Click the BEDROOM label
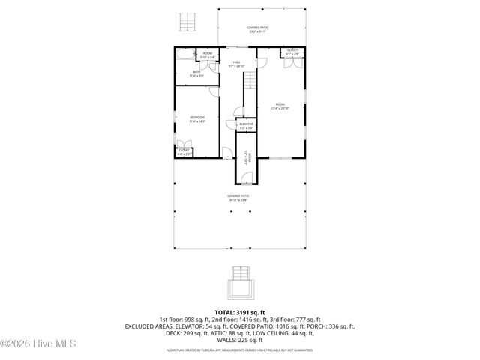click(x=197, y=119)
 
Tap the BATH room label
click(x=196, y=73)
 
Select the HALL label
click(x=236, y=64)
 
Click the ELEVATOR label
click(x=246, y=125)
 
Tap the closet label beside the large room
click(x=292, y=52)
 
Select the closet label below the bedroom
click(x=184, y=152)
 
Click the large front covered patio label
click(x=239, y=198)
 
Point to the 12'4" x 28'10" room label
click(x=280, y=106)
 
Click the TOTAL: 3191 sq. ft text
click(x=240, y=311)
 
